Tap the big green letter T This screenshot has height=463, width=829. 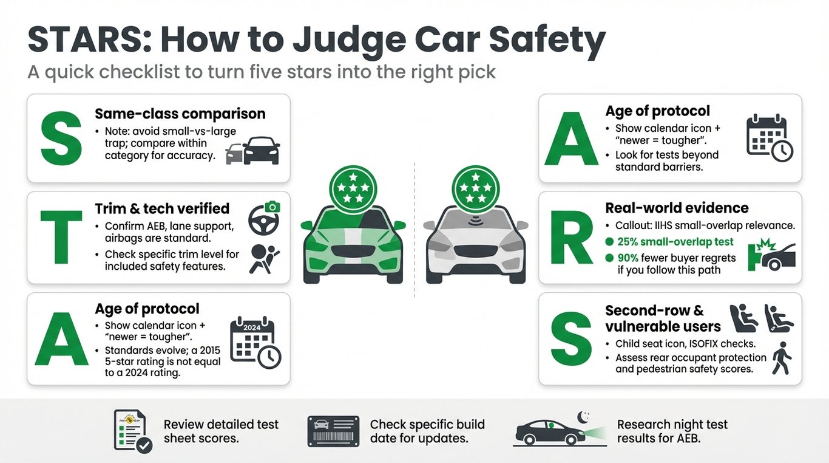[60, 238]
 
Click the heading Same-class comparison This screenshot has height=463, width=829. [180, 114]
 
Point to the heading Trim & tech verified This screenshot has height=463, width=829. [162, 208]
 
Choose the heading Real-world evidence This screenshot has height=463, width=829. [677, 208]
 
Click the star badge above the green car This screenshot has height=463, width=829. [353, 189]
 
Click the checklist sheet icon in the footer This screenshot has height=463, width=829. [133, 431]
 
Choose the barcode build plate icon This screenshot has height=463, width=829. [333, 431]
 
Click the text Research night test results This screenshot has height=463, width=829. [672, 431]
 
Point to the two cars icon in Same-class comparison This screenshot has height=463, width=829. [253, 151]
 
